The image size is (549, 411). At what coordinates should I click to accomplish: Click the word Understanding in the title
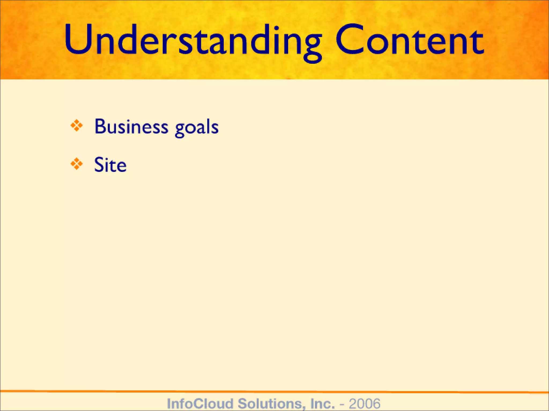coord(192,40)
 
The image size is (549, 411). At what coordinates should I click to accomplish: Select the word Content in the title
coord(409,40)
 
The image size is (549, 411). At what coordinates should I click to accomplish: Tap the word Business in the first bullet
coord(131,127)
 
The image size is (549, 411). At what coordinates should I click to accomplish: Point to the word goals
coord(197,128)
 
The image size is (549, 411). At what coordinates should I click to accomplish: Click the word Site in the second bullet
coord(110,165)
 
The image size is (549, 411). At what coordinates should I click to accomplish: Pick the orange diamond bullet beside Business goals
coord(77,125)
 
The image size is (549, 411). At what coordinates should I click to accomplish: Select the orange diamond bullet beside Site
coord(77,164)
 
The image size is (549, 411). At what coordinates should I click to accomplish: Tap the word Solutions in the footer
coord(270,404)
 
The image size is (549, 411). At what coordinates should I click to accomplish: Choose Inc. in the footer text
coord(322,404)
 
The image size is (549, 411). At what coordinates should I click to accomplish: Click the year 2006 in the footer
coord(364,404)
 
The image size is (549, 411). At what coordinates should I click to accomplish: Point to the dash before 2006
coord(342,404)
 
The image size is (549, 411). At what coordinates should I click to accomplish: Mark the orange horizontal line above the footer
coord(274,392)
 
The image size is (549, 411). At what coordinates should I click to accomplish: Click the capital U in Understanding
coord(78,40)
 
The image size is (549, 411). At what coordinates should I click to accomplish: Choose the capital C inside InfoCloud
coord(199,404)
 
